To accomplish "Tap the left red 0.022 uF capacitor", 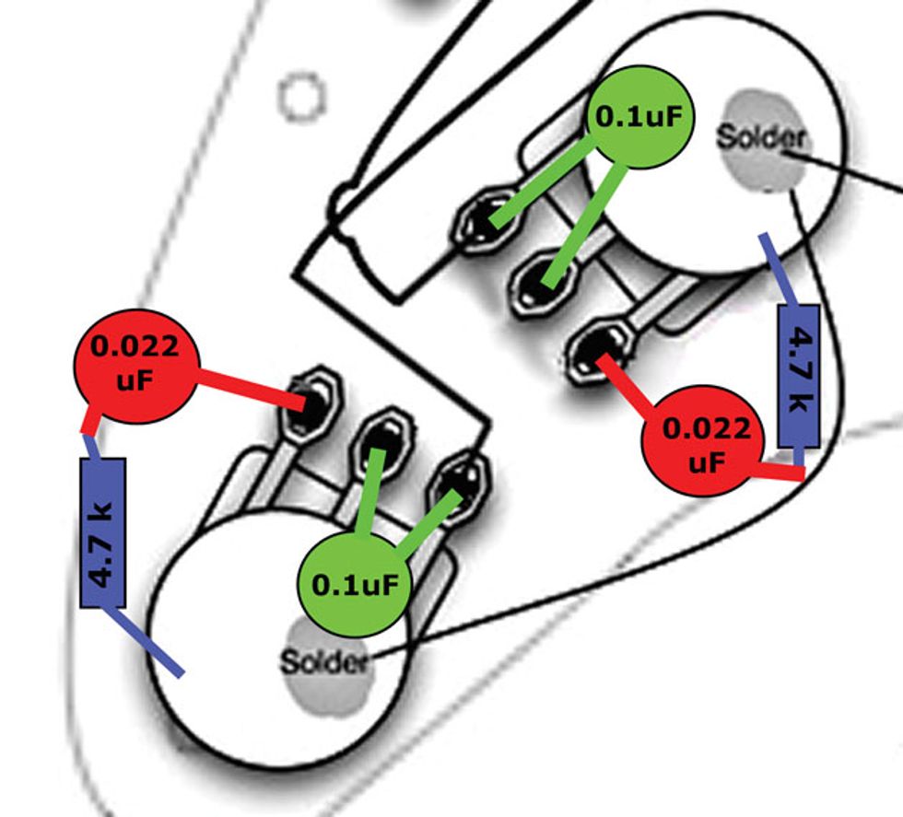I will coord(135,366).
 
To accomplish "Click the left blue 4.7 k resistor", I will coord(102,532).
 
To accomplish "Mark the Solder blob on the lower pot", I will coord(323,661).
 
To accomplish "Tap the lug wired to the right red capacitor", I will coord(597,347).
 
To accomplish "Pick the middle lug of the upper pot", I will coord(541,280).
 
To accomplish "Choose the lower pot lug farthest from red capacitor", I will coord(463,480).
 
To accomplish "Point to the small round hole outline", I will coord(301,98).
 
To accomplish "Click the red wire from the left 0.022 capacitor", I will coord(249,388).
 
